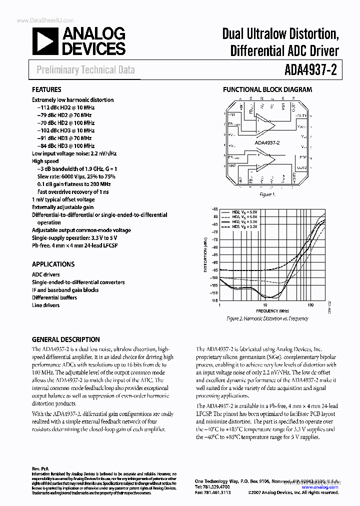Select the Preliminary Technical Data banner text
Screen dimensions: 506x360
click(x=85, y=70)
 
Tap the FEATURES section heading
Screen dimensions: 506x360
click(x=47, y=90)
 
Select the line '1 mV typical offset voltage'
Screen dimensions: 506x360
click(x=63, y=199)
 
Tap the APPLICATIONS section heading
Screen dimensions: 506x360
click(x=53, y=264)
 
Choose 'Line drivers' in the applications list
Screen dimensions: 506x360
click(x=45, y=305)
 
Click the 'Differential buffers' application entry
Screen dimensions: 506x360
click(x=54, y=297)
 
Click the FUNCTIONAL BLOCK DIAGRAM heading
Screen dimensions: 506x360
click(x=267, y=90)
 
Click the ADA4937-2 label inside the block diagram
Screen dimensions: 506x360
click(x=267, y=142)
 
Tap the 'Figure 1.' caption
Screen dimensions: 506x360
click(x=267, y=194)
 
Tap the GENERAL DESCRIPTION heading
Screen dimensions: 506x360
click(x=65, y=339)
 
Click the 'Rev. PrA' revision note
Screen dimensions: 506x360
click(x=40, y=469)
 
